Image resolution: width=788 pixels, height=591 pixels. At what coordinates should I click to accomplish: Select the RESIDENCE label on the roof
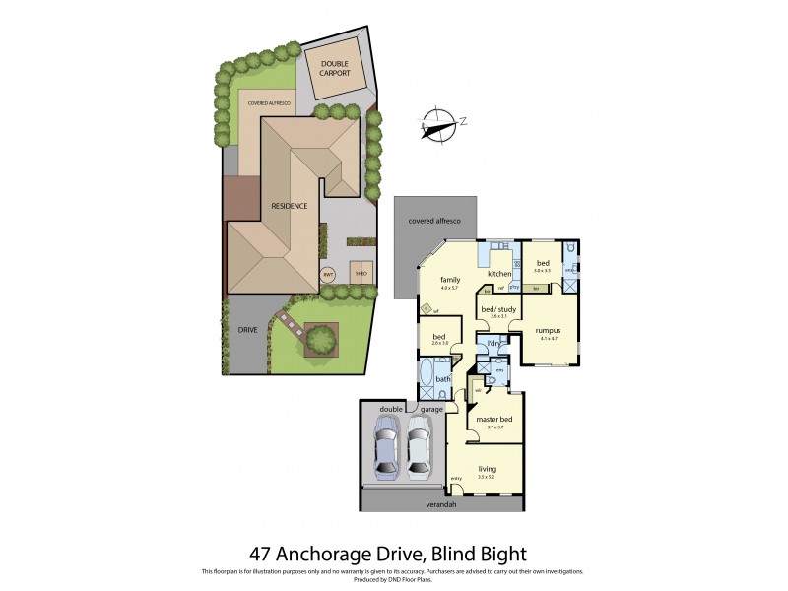click(x=290, y=206)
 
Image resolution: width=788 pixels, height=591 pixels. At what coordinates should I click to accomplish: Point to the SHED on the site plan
click(x=361, y=275)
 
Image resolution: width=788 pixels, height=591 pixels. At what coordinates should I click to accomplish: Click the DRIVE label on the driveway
click(x=247, y=330)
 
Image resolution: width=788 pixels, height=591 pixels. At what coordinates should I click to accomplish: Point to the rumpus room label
click(x=549, y=331)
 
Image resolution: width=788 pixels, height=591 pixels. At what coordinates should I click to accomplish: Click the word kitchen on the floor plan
click(x=499, y=273)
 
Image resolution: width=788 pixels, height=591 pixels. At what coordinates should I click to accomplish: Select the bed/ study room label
click(x=497, y=309)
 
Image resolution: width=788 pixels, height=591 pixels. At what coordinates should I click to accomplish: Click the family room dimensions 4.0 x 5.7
click(x=450, y=288)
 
